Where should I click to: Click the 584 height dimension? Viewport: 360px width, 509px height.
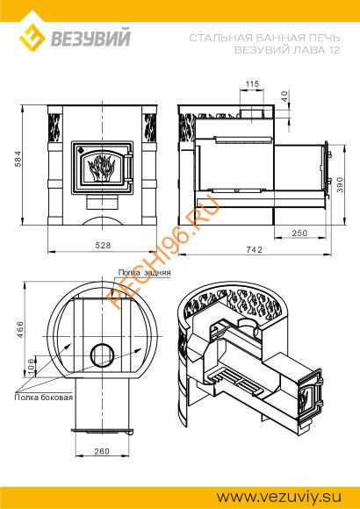click(x=18, y=159)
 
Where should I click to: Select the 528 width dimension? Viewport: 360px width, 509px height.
click(x=103, y=245)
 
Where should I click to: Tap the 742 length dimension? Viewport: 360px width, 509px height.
click(x=254, y=249)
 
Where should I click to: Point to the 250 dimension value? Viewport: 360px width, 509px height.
click(x=299, y=233)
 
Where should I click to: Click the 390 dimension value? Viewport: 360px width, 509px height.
click(x=340, y=184)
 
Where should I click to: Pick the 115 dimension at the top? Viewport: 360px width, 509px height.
click(x=252, y=83)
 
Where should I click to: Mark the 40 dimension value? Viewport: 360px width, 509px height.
click(x=284, y=97)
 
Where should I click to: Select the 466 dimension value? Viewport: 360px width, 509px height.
click(x=20, y=329)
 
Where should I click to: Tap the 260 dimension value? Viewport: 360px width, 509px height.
click(x=102, y=452)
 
